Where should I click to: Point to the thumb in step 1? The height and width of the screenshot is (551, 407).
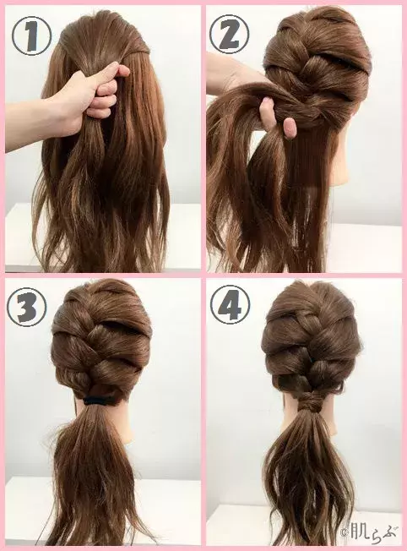(x=108, y=77)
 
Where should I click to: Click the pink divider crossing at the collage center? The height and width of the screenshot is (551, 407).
(x=203, y=275)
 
